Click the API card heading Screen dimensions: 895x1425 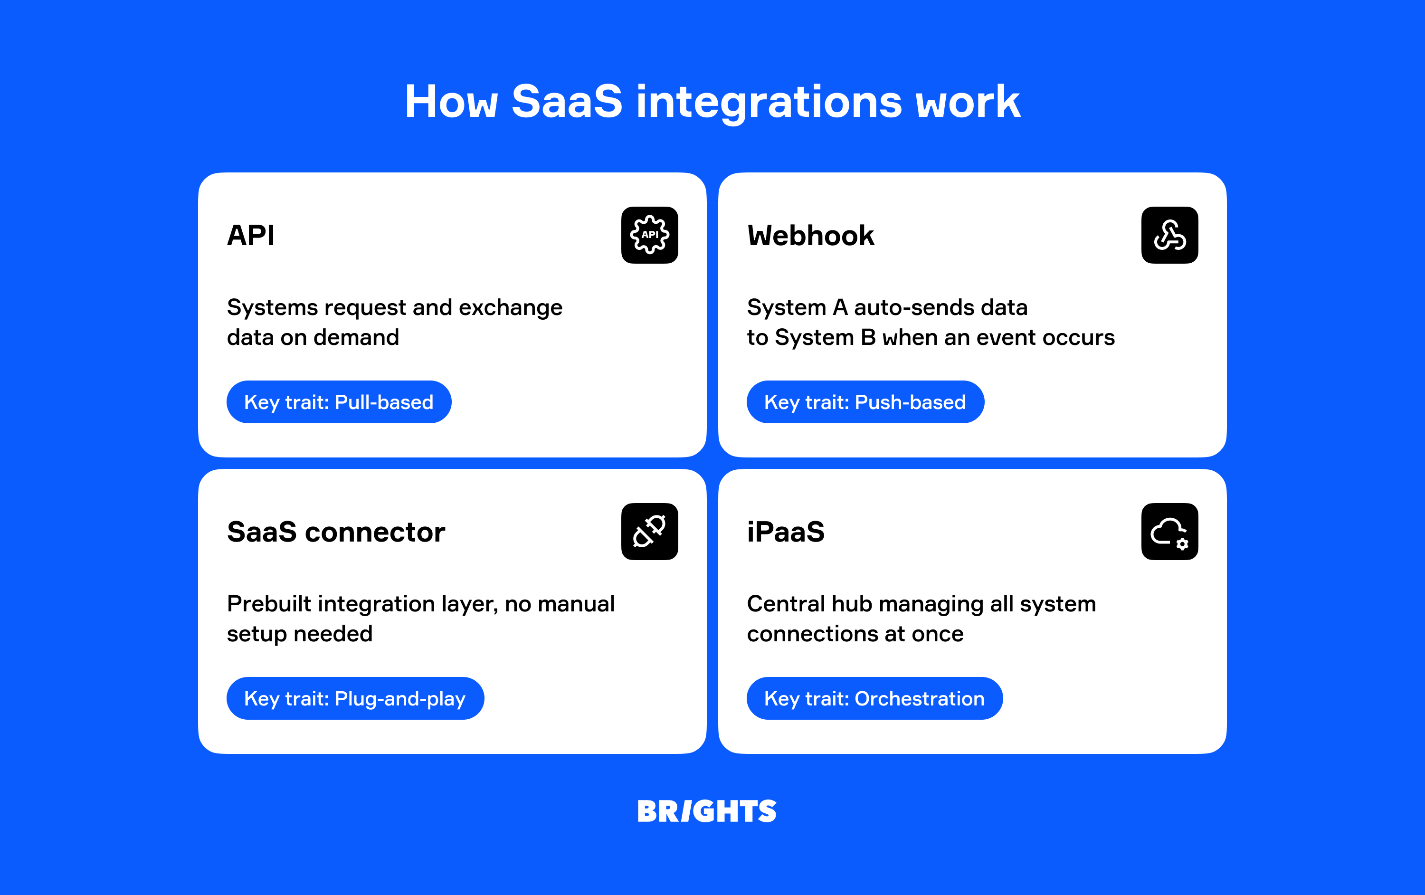[x=251, y=236]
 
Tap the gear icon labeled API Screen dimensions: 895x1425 [x=649, y=235]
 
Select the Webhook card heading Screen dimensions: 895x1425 [x=810, y=236]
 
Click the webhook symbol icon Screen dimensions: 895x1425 [x=1169, y=235]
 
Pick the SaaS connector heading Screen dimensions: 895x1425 [x=335, y=532]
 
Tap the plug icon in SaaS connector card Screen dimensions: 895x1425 [x=649, y=531]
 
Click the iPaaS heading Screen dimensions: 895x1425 [x=785, y=532]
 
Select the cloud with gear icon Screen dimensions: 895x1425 [x=1169, y=531]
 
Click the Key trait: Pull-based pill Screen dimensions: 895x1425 [x=339, y=402]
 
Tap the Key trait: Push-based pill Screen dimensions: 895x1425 [x=864, y=402]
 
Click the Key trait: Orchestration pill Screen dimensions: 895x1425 [x=874, y=698]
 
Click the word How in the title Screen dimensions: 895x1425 [x=451, y=102]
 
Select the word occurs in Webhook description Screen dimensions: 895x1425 [x=1078, y=337]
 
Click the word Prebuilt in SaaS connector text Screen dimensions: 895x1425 [x=269, y=604]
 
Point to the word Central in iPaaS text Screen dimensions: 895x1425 [x=785, y=604]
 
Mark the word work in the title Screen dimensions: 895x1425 [x=968, y=102]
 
